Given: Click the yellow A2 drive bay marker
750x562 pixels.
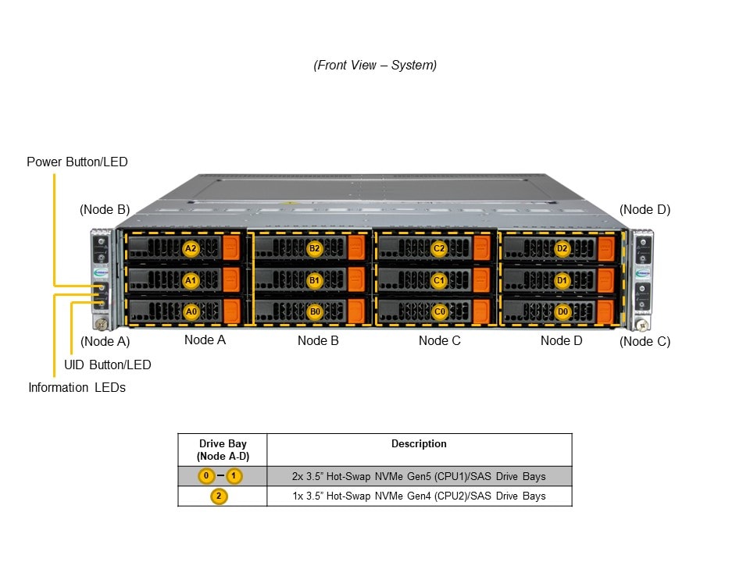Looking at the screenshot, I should [x=191, y=249].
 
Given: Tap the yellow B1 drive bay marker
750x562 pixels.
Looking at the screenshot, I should [x=315, y=279].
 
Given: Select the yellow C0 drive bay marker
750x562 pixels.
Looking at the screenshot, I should [x=439, y=311].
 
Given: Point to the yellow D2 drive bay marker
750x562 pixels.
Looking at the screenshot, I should [x=562, y=249].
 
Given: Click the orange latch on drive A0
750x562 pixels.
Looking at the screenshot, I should [x=231, y=311].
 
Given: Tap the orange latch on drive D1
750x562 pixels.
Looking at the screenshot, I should [x=605, y=279].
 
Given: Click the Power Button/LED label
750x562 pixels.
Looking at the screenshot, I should [x=77, y=162].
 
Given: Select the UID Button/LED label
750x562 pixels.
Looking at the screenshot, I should [x=108, y=365].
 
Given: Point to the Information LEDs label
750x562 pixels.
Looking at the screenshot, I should [x=77, y=387].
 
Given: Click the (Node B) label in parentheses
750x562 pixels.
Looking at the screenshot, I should [x=105, y=209].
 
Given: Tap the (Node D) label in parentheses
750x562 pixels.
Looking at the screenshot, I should [x=645, y=209].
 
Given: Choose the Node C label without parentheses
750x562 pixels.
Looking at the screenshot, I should [x=440, y=340].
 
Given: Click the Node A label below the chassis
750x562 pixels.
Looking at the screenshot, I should [x=205, y=340].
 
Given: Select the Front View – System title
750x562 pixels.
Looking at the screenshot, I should [x=375, y=66].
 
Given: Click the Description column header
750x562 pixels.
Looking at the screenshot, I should [x=419, y=444].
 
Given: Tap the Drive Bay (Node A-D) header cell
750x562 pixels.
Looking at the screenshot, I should [x=223, y=450].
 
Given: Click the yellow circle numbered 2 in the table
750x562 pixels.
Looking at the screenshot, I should [x=220, y=496].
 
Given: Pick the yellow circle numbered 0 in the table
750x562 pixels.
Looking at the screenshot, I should [x=205, y=476].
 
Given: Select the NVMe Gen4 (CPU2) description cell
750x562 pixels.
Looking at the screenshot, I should [x=419, y=496].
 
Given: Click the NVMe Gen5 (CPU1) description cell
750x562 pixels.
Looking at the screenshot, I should [x=419, y=476].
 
